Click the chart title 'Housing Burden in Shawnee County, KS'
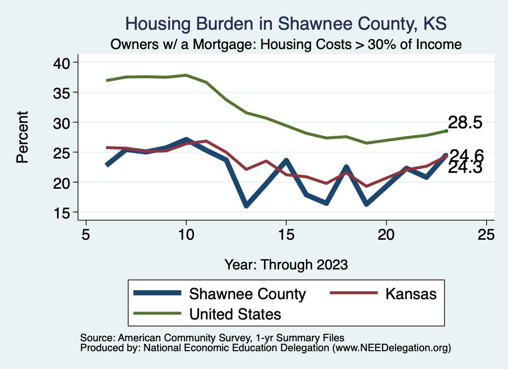coord(286,24)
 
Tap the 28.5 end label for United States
coord(465,123)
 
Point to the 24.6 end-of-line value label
coord(466,156)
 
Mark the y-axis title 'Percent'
coord(22,137)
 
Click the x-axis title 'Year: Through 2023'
coord(286,264)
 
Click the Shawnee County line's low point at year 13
coord(246,205)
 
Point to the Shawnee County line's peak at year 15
coord(286,160)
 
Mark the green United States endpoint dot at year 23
coord(446,131)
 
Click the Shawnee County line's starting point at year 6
coord(106,165)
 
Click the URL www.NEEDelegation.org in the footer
coord(391,348)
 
